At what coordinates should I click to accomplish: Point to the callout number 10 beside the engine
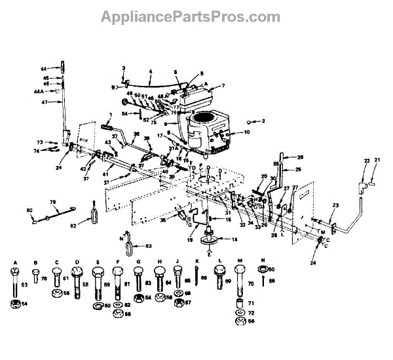click(247, 132)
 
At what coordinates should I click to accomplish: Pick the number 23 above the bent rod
click(335, 206)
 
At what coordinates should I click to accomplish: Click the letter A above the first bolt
click(14, 262)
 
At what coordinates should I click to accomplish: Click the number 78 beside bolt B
click(44, 278)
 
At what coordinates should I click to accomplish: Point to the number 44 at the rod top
click(43, 68)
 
